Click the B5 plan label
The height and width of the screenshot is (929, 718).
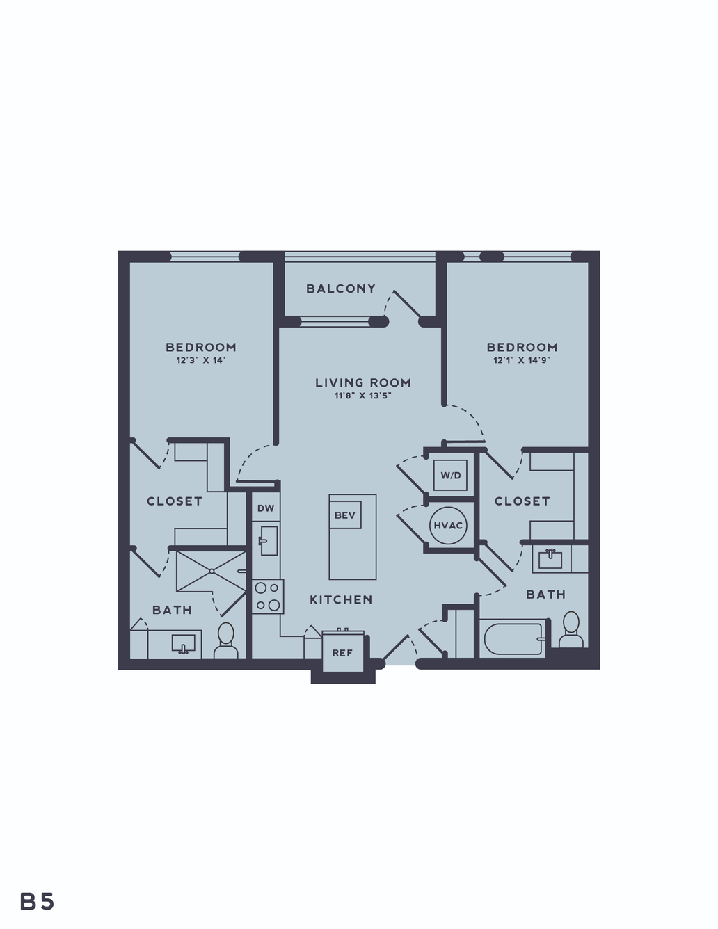point(37,901)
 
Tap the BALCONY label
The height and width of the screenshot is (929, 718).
point(341,289)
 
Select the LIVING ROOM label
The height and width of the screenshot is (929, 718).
point(363,382)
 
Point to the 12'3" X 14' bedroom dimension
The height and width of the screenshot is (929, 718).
point(200,360)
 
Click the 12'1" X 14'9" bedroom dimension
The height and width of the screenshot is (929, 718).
point(522,360)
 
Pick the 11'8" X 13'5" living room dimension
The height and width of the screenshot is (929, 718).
point(363,396)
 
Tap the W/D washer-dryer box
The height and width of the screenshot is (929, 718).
point(450,474)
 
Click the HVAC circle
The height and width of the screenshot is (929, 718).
point(448,526)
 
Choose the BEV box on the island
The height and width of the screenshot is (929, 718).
point(344,515)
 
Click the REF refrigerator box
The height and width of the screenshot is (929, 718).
point(342,652)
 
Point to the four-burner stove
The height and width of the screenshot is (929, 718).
point(268,597)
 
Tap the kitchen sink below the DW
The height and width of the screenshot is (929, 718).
point(269,541)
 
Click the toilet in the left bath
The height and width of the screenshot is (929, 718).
point(226,640)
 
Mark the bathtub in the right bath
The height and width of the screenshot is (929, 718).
point(513,639)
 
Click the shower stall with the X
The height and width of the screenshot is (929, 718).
point(212,571)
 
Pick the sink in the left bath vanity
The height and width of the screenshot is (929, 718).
point(184,643)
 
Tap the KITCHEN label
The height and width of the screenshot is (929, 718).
point(341,600)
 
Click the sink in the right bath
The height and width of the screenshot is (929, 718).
point(550,560)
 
